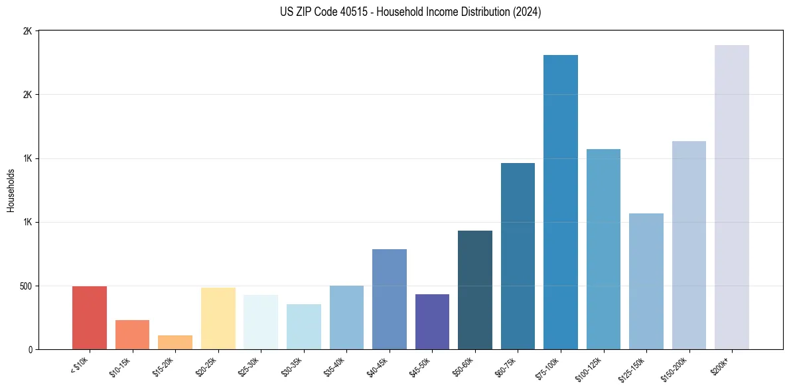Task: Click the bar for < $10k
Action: tap(90, 318)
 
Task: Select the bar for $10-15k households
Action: tap(132, 335)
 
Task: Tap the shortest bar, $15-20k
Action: tap(175, 343)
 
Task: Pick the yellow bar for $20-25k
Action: tap(218, 319)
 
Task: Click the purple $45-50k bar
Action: tap(432, 322)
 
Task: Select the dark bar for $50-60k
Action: tap(475, 290)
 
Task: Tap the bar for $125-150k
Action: tap(646, 282)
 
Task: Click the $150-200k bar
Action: tap(689, 245)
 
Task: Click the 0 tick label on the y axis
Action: tap(29, 350)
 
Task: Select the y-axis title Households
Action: tap(11, 190)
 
